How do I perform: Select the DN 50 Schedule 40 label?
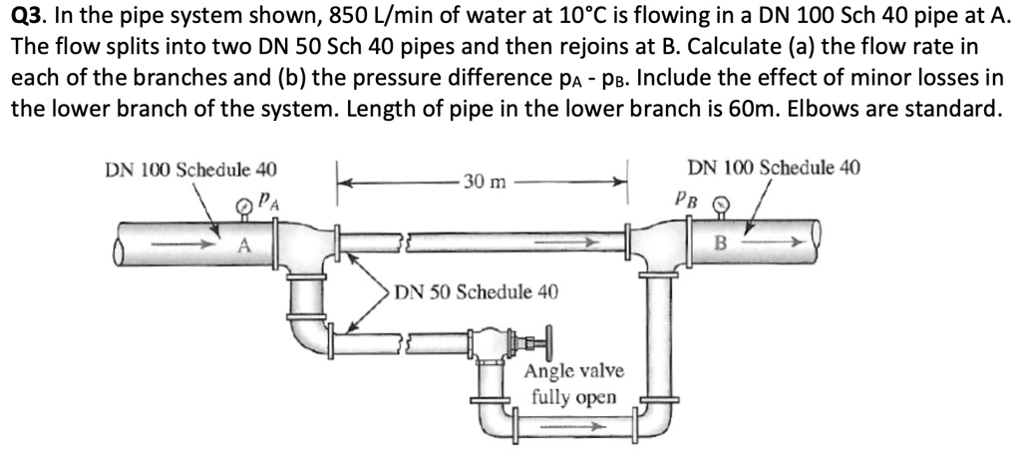[x=477, y=292]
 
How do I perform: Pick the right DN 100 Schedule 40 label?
[x=774, y=167]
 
